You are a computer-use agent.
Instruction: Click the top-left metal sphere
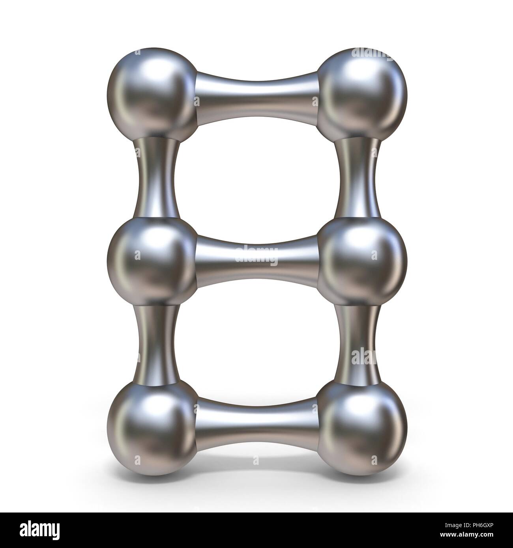pyautogui.click(x=152, y=93)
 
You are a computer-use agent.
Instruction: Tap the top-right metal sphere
pyautogui.click(x=361, y=93)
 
